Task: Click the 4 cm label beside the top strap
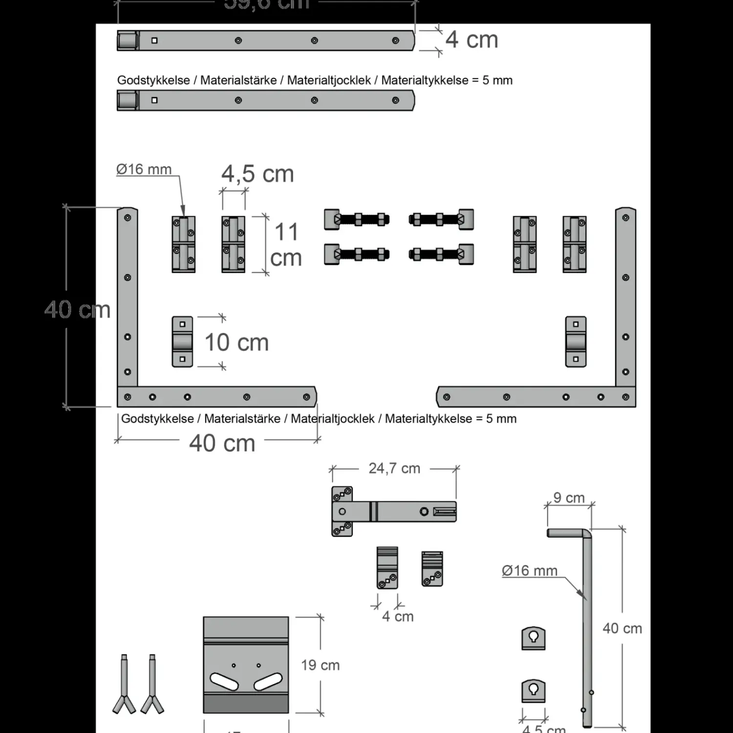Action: coord(472,40)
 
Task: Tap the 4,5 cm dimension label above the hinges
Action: coord(258,174)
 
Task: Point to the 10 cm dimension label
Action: coord(237,343)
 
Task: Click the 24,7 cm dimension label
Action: coord(394,469)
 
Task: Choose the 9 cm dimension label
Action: coord(569,498)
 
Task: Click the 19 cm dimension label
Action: coord(320,665)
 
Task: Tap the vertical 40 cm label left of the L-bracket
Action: coord(77,310)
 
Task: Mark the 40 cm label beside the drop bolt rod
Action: coord(622,628)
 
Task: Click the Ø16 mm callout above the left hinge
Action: coord(144,170)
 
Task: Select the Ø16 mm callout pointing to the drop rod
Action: coord(529,571)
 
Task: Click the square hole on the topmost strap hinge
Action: coord(154,41)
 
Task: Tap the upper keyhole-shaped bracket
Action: coord(534,638)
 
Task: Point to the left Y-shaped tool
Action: coord(124,684)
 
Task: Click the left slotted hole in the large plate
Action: coord(224,682)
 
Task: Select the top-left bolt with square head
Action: coord(357,219)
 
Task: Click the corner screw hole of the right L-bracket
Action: coord(625,397)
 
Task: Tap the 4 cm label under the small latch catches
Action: coord(398,617)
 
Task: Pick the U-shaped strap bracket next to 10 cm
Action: coord(182,342)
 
